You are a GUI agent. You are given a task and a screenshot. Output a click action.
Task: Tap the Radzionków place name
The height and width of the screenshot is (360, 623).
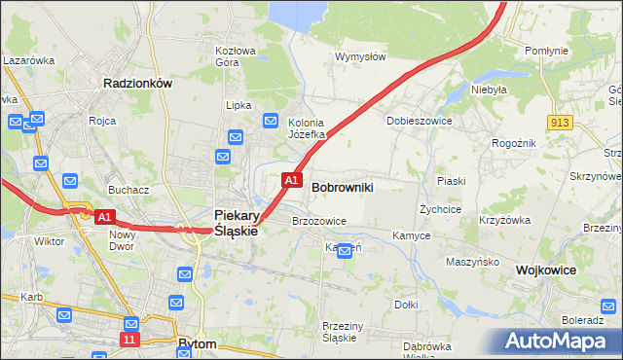(x=137, y=84)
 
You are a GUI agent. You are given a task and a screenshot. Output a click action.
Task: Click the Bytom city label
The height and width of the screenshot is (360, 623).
(x=199, y=343)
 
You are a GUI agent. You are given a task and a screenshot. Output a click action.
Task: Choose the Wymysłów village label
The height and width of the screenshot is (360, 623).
(x=360, y=56)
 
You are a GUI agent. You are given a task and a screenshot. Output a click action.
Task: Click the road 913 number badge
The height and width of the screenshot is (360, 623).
(x=559, y=122)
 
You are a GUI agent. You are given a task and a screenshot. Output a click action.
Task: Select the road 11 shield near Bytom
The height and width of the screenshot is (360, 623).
(x=129, y=339)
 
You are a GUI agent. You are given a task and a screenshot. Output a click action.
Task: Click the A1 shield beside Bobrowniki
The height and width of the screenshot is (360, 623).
(x=290, y=180)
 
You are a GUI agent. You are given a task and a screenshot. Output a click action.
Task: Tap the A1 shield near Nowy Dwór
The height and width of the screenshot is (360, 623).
(x=106, y=217)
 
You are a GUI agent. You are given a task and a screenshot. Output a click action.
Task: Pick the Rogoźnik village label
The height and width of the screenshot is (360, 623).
(x=514, y=142)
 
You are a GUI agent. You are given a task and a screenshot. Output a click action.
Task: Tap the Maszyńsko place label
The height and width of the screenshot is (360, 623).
(x=472, y=262)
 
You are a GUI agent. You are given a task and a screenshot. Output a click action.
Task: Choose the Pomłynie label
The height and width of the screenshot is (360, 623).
(x=545, y=50)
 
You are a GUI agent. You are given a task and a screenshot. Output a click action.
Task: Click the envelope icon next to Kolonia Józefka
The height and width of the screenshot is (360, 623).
(x=271, y=121)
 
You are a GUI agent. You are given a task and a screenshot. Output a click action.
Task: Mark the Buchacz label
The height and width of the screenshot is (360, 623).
(x=128, y=191)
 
